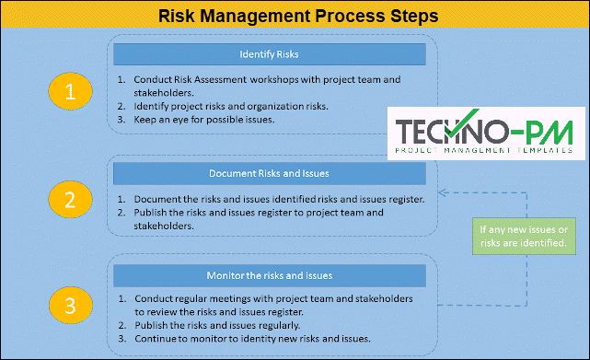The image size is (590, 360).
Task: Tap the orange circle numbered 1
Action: point(71,91)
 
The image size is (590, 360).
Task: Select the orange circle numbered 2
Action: point(71,197)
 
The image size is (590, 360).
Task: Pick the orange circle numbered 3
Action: point(71,303)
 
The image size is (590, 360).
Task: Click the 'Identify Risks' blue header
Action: point(269,53)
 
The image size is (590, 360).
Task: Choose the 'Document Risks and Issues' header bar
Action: point(269,172)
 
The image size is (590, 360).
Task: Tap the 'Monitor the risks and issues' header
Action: point(269,275)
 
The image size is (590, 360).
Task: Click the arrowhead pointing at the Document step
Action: point(443,193)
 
